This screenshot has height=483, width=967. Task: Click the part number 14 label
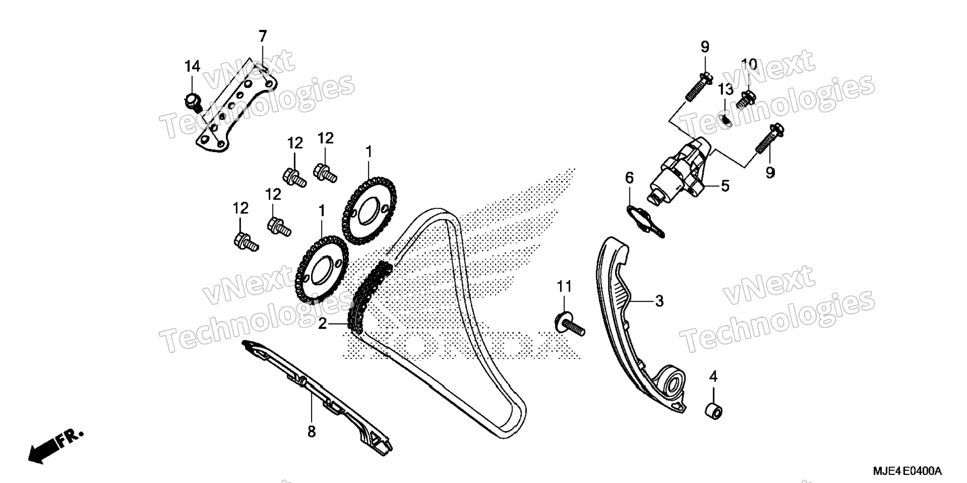[192, 66]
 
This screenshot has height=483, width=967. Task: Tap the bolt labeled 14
[192, 101]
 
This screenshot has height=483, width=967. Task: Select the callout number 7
[262, 36]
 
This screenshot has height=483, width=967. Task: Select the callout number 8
[311, 431]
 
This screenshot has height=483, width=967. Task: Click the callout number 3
[659, 301]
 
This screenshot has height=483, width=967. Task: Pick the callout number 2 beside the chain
[322, 324]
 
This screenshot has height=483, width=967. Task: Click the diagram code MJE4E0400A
[907, 471]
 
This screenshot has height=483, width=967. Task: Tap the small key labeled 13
[726, 120]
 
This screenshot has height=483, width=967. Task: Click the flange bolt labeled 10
[746, 98]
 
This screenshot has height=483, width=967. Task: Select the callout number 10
[748, 64]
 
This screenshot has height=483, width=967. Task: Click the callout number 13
[725, 90]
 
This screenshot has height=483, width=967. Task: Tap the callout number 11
[564, 286]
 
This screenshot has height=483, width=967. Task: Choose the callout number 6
[629, 177]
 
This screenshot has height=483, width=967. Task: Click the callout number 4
[713, 376]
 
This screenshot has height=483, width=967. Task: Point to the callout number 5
[724, 186]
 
